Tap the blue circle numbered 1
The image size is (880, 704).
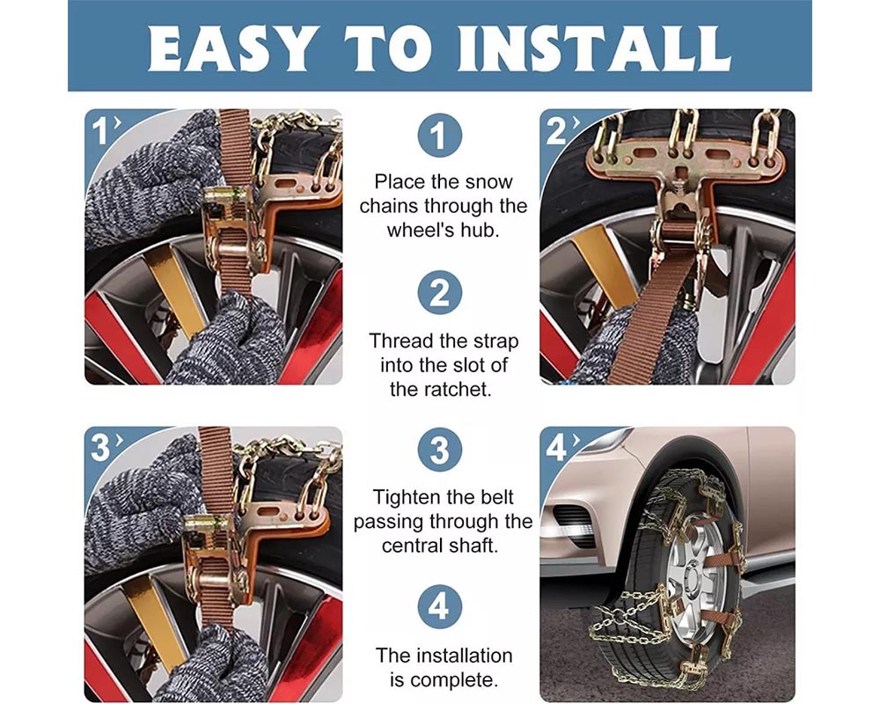click(x=439, y=136)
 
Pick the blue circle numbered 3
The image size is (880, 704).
click(x=439, y=451)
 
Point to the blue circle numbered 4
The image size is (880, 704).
click(x=439, y=607)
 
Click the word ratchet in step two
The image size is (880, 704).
click(x=473, y=388)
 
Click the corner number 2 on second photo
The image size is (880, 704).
click(x=556, y=131)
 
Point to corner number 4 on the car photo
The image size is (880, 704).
click(x=556, y=448)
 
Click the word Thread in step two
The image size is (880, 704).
click(x=399, y=341)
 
